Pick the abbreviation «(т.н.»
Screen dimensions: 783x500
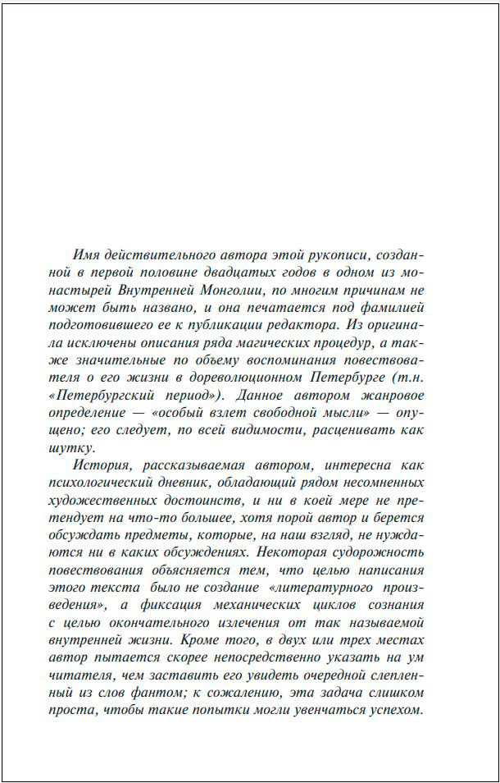406,378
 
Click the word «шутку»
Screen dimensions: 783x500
72,448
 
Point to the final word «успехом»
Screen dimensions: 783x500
397,710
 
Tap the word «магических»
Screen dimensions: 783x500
273,342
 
